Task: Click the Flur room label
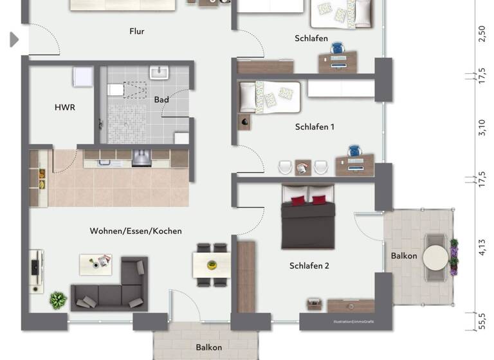(136, 31)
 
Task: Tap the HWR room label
(64, 107)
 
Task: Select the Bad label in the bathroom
(161, 100)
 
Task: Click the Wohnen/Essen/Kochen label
(136, 231)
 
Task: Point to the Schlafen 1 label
(315, 127)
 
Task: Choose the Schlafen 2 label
(309, 265)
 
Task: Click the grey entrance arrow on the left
(14, 40)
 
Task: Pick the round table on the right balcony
(435, 257)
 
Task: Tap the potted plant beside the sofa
(58, 300)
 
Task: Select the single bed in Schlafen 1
(269, 96)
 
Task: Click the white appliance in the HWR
(84, 76)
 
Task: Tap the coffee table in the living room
(96, 264)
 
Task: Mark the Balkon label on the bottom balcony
(209, 348)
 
